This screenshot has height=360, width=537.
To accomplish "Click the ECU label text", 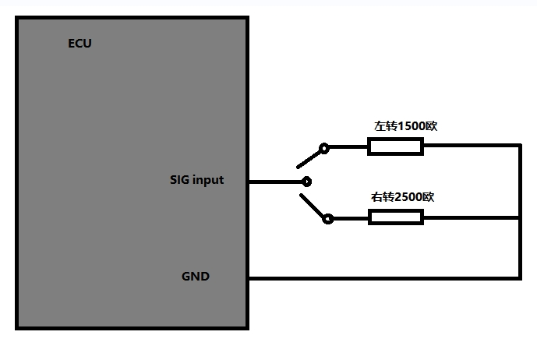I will click(x=79, y=44).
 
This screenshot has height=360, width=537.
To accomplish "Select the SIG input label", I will click(x=196, y=180).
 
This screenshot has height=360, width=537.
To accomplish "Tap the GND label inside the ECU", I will click(x=195, y=276).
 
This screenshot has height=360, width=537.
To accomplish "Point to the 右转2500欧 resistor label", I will click(x=401, y=197).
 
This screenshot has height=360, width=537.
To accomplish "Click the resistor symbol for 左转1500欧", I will click(x=395, y=146).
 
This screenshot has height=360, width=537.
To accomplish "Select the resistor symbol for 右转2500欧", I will click(x=395, y=218).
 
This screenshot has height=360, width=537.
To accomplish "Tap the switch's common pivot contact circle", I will click(x=306, y=182).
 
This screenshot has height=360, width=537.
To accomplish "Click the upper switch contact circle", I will click(x=324, y=146).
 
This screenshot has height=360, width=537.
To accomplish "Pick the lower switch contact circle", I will click(x=328, y=219).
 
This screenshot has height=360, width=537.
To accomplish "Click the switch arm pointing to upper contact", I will click(x=309, y=157).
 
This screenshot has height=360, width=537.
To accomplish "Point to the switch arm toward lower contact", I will click(x=312, y=206).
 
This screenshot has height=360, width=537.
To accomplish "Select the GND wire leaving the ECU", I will click(x=382, y=277).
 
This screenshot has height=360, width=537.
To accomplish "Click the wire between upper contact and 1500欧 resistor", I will click(x=348, y=146).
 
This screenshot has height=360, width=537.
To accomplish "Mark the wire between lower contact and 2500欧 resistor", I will click(x=351, y=219).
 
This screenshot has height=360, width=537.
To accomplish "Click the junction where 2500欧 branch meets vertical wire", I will click(x=519, y=218).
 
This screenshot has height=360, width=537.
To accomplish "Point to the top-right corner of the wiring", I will click(x=519, y=146).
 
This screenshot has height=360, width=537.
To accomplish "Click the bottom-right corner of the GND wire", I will click(x=519, y=277).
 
